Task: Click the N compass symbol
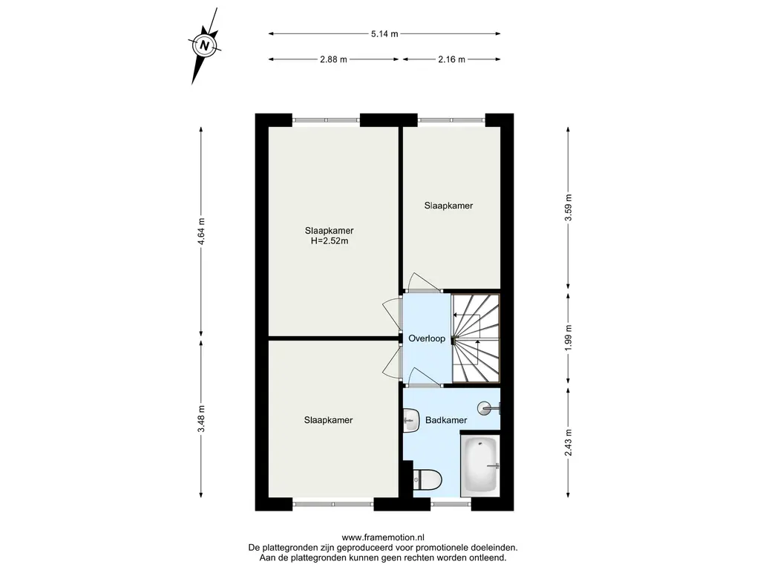205,46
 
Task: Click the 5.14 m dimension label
384,34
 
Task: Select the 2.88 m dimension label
333,59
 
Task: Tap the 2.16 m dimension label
451,59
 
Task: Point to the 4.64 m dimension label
201,232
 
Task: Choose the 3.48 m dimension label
201,419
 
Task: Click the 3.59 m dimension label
569,208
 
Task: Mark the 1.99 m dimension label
569,338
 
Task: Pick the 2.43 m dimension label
569,442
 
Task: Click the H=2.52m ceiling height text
329,241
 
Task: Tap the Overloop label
427,338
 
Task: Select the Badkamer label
446,420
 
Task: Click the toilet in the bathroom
427,480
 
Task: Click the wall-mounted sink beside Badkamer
411,421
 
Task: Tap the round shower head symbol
485,408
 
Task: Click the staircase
476,338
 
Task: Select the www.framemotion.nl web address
383,537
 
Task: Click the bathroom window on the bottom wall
451,504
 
